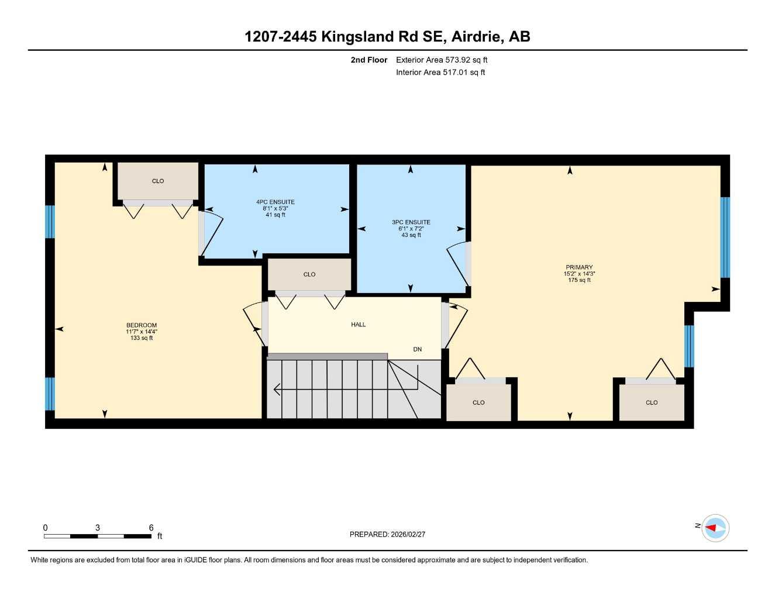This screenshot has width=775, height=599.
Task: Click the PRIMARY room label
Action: (x=578, y=267)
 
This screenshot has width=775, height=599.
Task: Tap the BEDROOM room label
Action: (x=142, y=325)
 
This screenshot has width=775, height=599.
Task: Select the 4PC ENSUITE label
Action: (x=275, y=202)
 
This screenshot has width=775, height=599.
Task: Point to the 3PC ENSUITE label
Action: (x=411, y=222)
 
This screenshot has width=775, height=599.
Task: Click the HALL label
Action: (x=359, y=325)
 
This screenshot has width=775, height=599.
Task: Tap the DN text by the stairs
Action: (x=417, y=349)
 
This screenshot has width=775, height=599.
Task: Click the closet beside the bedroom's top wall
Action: (x=158, y=181)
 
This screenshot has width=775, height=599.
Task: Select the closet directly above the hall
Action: (x=309, y=274)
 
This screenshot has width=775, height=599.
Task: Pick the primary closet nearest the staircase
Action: (x=478, y=402)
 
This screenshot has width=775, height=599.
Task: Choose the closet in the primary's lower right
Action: (x=652, y=402)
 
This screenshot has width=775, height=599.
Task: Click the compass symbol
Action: (x=715, y=528)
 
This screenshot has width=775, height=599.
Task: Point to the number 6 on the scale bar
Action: (x=151, y=528)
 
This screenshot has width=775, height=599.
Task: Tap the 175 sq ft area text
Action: (x=578, y=280)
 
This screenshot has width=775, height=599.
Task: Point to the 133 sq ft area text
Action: (x=142, y=338)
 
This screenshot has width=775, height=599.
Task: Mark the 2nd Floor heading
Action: (x=369, y=60)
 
